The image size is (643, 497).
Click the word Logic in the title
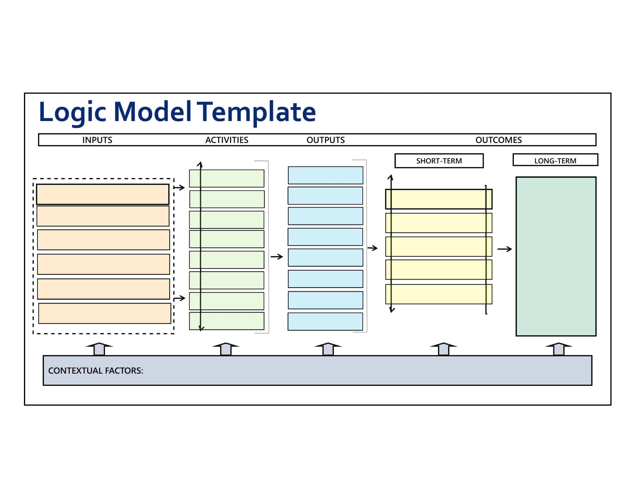pyautogui.click(x=72, y=112)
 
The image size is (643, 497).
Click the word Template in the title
pyautogui.click(x=256, y=112)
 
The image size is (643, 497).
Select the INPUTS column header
pyautogui.click(x=97, y=140)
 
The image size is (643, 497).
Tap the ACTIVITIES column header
pyautogui.click(x=227, y=140)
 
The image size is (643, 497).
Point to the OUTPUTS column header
pyautogui.click(x=326, y=140)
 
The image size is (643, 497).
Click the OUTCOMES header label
pyautogui.click(x=498, y=140)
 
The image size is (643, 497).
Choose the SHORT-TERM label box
pyautogui.click(x=439, y=161)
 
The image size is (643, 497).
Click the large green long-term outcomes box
pyautogui.click(x=556, y=256)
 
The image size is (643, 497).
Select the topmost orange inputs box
pyautogui.click(x=103, y=194)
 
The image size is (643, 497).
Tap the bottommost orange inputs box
pyautogui.click(x=105, y=313)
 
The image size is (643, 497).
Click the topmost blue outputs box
pyautogui.click(x=325, y=175)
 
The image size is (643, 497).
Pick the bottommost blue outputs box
pyautogui.click(x=325, y=322)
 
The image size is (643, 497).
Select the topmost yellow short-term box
pyautogui.click(x=439, y=199)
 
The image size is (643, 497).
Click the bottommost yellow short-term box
pyautogui.click(x=439, y=294)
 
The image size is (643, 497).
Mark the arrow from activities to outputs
pyautogui.click(x=277, y=257)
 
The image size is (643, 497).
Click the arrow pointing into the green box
pyautogui.click(x=505, y=249)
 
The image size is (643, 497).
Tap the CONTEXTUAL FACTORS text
pyautogui.click(x=96, y=370)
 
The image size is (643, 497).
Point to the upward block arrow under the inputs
pyautogui.click(x=99, y=348)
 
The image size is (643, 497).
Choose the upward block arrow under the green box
pyautogui.click(x=559, y=348)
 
